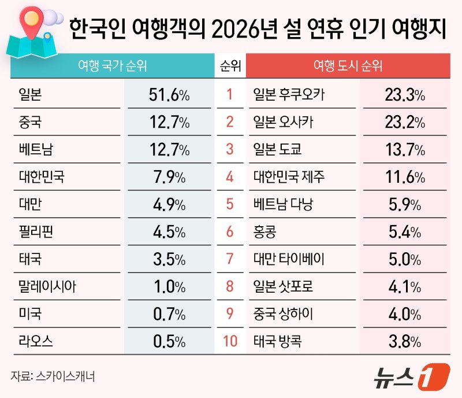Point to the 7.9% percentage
point(166,177)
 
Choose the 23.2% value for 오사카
point(405,123)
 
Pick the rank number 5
point(230,205)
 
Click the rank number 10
point(230,341)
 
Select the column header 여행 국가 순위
point(112,67)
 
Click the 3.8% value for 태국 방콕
point(405,341)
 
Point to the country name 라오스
point(36,341)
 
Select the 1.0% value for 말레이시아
point(166,287)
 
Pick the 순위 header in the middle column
point(230,67)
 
